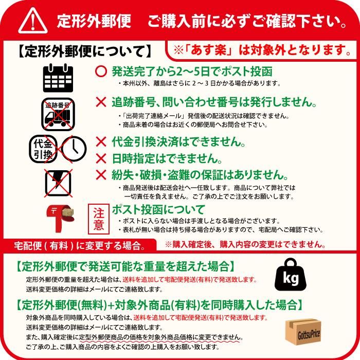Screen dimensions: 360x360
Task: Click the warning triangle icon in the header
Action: (33, 21)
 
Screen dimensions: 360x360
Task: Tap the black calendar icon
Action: (58, 78)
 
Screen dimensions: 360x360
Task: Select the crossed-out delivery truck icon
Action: (58, 114)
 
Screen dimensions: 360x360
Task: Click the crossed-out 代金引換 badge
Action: (43, 149)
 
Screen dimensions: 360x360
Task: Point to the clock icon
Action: (74, 149)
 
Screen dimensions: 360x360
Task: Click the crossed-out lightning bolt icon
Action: (58, 183)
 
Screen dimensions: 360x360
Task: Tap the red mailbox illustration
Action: (60, 218)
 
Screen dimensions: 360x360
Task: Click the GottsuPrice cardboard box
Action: (303, 332)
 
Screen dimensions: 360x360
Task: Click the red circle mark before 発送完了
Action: (101, 71)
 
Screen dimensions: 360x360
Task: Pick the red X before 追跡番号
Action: (101, 102)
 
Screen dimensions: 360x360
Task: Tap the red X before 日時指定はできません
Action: (101, 158)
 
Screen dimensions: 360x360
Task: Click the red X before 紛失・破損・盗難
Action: (101, 175)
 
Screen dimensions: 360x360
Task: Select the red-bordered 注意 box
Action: (99, 219)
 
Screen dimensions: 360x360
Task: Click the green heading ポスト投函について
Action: (158, 210)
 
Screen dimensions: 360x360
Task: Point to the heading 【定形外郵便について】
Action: (84, 51)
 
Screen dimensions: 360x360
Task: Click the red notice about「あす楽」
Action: (262, 50)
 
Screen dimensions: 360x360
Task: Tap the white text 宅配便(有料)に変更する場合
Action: (79, 246)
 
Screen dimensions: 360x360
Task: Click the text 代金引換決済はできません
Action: (178, 141)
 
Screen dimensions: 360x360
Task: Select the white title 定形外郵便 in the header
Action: (94, 21)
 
